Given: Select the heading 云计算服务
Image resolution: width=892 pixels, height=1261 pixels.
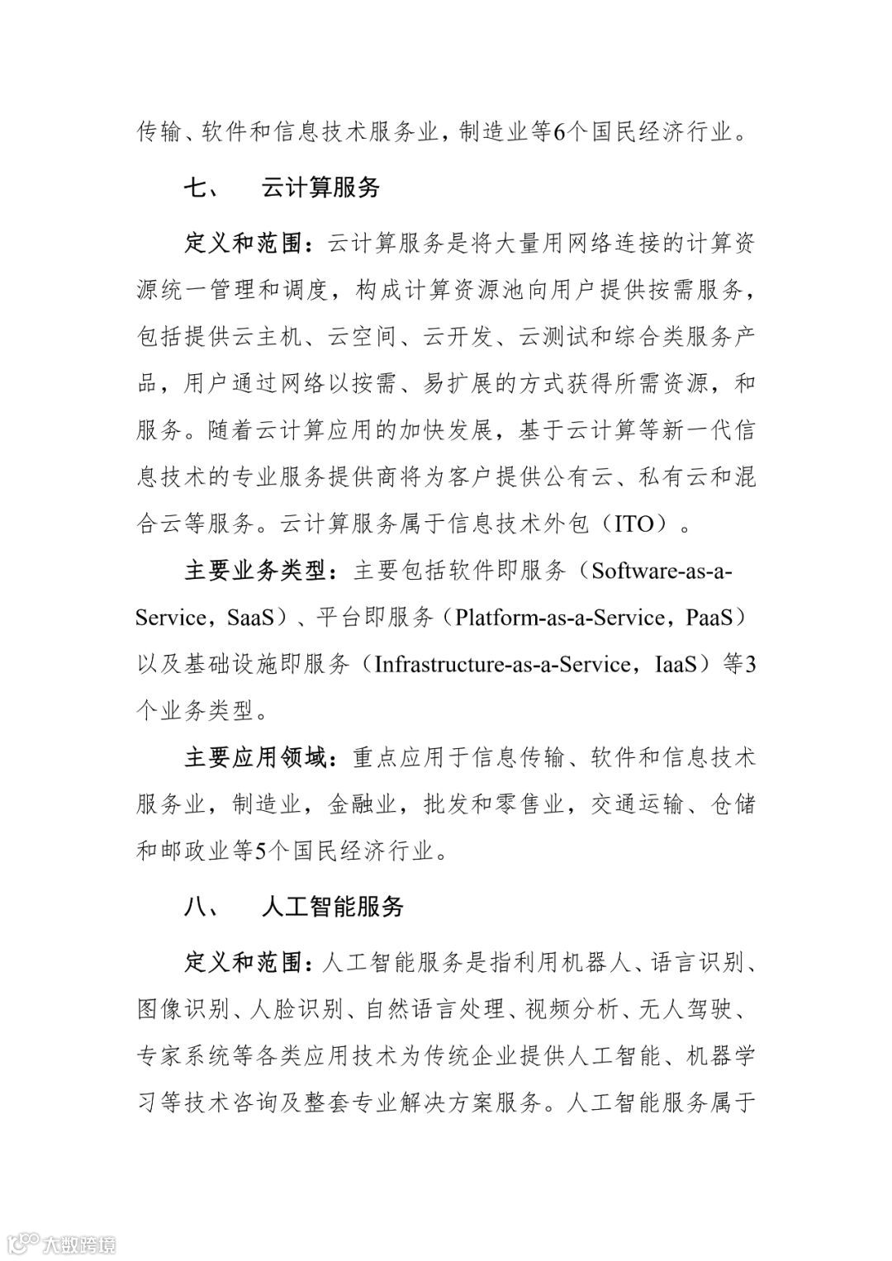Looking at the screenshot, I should point(320,188).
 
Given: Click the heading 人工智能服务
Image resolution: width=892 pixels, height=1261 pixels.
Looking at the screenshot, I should point(332,907).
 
